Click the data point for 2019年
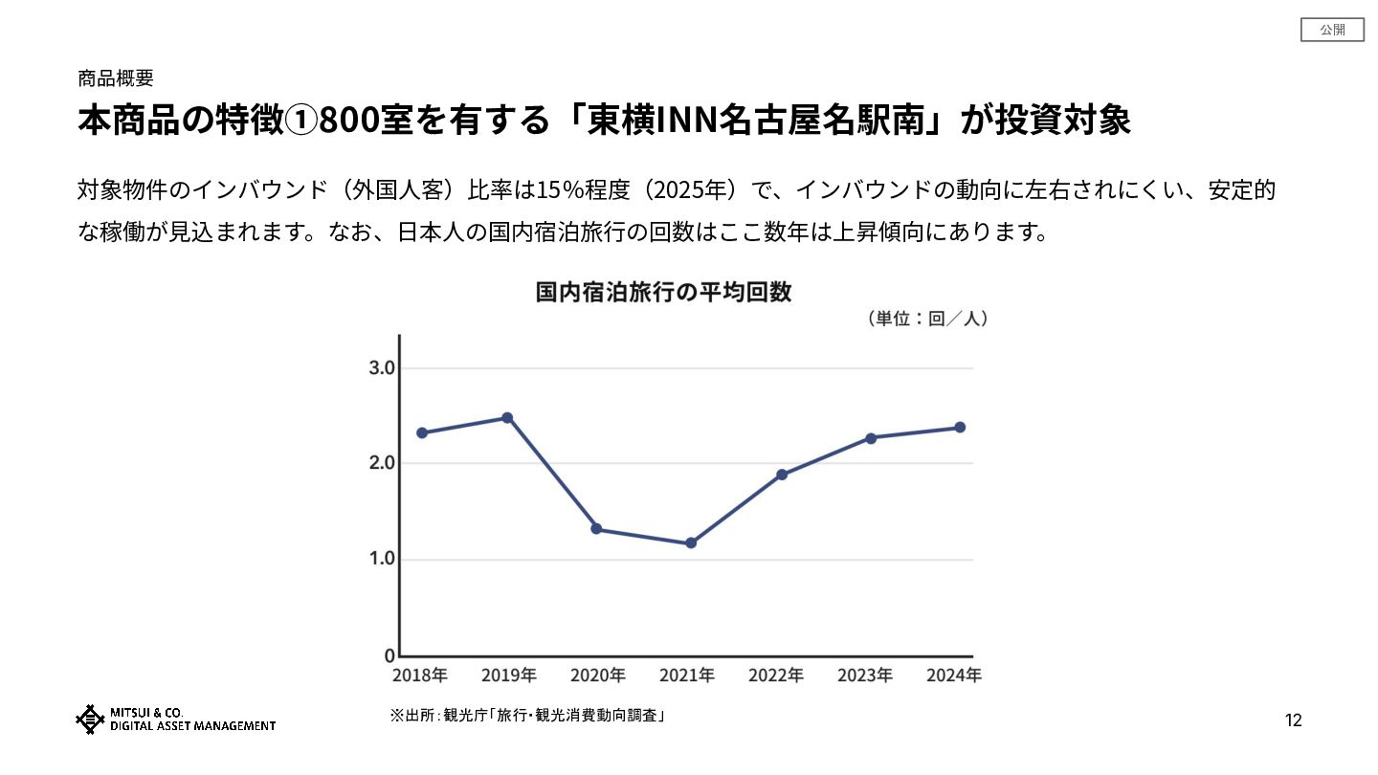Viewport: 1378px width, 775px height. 507,418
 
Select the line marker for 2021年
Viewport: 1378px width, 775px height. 691,543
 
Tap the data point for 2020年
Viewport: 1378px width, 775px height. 596,529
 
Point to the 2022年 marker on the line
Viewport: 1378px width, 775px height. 782,475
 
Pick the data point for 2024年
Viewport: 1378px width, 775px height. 960,428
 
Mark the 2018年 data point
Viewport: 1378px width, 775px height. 422,432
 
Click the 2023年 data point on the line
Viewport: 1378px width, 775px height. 871,438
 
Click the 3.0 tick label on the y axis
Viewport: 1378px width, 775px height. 382,368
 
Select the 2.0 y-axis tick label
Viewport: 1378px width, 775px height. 382,463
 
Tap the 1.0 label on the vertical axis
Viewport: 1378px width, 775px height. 382,559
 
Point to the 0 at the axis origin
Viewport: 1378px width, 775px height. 389,656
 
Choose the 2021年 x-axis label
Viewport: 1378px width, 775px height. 687,675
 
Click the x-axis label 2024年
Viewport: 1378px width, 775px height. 954,675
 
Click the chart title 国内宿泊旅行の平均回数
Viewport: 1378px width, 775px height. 663,292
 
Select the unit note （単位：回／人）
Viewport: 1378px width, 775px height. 925,319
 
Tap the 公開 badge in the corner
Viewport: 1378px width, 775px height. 1332,30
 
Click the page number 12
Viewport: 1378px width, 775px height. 1293,720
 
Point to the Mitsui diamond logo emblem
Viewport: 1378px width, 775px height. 90,720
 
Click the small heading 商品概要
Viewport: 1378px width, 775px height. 116,78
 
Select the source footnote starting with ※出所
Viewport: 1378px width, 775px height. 527,715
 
